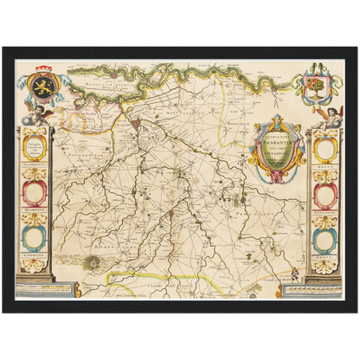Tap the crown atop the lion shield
coord(43,72)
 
